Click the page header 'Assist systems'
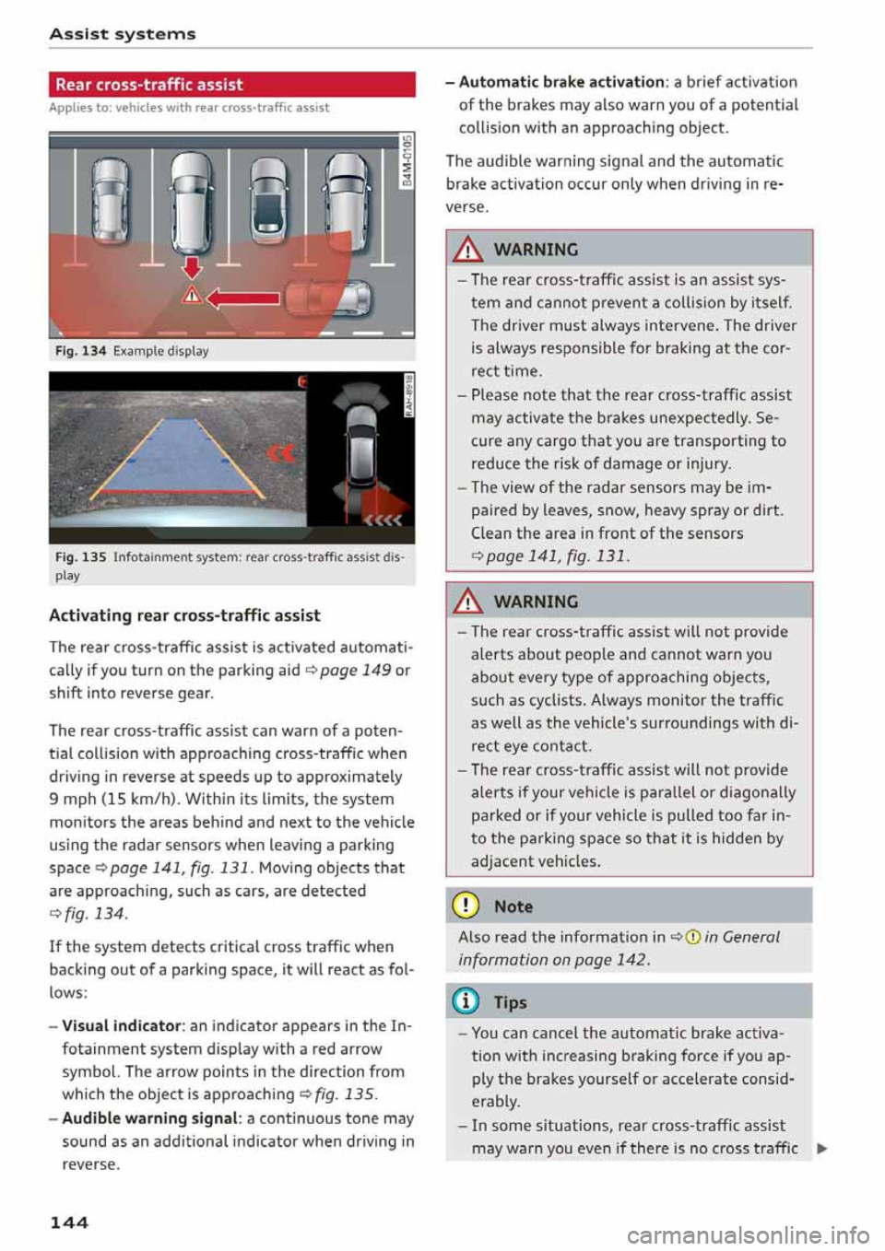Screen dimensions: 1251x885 (122, 34)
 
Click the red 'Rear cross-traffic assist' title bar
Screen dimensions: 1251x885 (231, 85)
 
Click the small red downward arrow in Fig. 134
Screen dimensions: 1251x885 (191, 267)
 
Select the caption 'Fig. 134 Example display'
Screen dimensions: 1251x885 (132, 351)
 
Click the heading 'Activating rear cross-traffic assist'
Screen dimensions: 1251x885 (184, 615)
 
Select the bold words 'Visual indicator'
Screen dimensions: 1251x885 (121, 1025)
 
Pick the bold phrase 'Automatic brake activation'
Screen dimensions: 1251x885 (560, 82)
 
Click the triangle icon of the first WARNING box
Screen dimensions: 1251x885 (469, 249)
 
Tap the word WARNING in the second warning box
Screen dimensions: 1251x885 (536, 602)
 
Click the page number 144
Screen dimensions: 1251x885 (69, 1222)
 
